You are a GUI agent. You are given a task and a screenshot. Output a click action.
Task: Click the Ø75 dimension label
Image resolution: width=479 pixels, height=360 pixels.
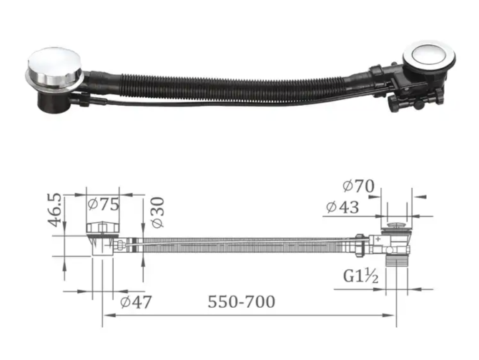[103, 204]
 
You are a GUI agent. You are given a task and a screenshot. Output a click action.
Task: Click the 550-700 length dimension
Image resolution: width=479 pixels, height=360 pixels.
[241, 301]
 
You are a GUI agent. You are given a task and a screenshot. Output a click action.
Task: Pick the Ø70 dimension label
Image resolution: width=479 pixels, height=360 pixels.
[359, 186]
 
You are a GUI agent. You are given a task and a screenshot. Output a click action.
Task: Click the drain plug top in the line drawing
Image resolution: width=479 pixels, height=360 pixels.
[395, 226]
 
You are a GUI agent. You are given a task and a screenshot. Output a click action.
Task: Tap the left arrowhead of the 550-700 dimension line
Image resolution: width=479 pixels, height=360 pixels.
[106, 315]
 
